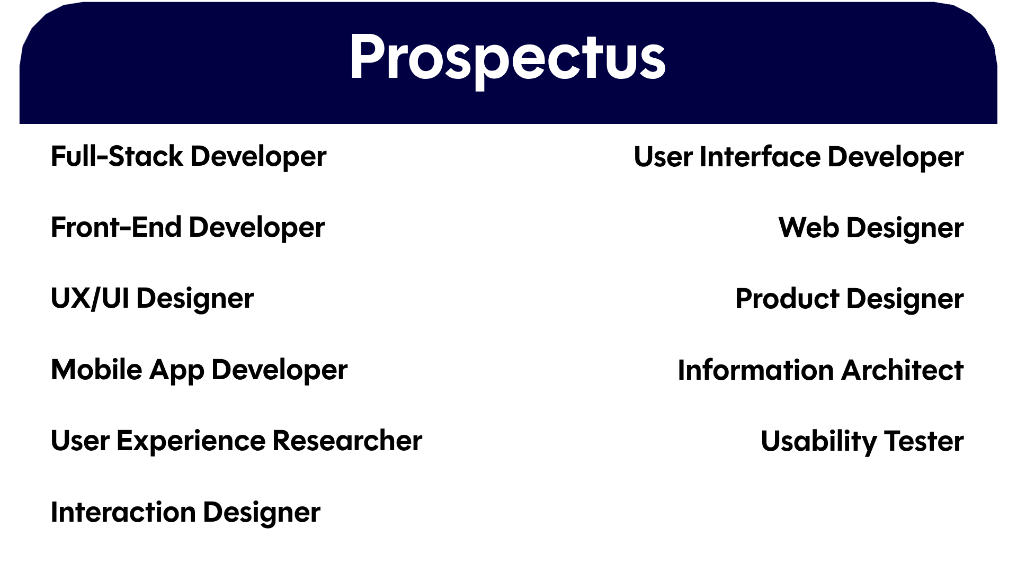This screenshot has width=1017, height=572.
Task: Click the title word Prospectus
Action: [x=507, y=58]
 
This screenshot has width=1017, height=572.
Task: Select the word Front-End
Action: [x=116, y=227]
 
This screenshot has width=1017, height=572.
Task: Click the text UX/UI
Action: [x=90, y=298]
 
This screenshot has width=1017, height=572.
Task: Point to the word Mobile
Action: [x=96, y=369]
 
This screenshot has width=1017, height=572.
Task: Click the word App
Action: [x=176, y=370]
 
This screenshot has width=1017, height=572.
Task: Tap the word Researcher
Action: [x=347, y=441]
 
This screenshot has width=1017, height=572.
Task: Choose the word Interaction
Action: [x=123, y=512]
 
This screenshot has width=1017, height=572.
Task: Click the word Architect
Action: [x=902, y=370]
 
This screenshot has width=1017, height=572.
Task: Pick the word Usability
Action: [x=819, y=442]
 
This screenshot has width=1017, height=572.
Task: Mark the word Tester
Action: [x=924, y=441]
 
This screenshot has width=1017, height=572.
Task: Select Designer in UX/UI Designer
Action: [x=195, y=299]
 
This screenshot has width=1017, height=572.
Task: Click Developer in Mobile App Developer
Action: [x=280, y=370]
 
